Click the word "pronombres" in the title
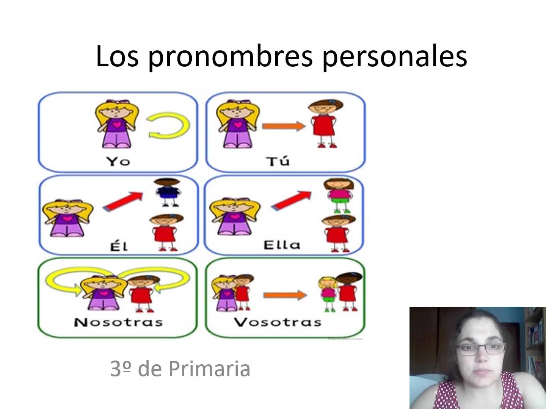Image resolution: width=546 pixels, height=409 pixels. coord(230,58)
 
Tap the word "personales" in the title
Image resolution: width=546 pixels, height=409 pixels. coord(395,58)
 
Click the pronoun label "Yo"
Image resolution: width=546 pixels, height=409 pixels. coord(118,161)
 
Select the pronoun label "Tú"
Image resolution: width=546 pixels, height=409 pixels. coord(278,161)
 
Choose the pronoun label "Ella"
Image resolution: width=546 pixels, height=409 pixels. coord(282,245)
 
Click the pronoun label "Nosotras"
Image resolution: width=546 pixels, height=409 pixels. coord(118,322)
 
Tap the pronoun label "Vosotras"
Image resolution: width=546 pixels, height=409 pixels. coord(278,322)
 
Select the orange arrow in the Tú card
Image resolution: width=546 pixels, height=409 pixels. coord(284,126)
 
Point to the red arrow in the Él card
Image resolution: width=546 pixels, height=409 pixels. coord(123,201)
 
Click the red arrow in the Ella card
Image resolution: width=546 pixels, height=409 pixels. coord(291,201)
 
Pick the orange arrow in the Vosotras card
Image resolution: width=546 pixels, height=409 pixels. coord(285,295)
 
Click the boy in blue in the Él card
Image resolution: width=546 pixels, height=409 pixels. coord(167,192)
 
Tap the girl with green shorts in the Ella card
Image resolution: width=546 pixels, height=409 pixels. coord(339,195)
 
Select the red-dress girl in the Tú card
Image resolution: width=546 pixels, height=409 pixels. coord(325,123)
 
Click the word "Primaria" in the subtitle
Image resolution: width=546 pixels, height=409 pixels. coord(209,369)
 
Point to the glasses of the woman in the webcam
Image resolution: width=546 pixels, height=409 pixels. coord(480,349)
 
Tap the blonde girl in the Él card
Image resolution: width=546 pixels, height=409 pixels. coord(67,218)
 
